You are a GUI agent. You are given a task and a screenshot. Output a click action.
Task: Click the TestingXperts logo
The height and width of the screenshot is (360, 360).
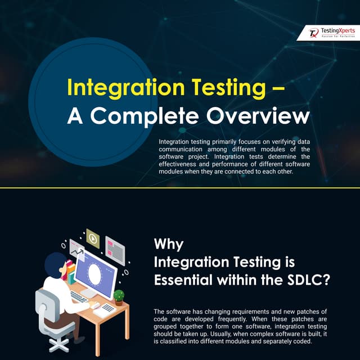pos(331,32)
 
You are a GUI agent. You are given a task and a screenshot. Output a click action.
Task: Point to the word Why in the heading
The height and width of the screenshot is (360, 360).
pos(168,245)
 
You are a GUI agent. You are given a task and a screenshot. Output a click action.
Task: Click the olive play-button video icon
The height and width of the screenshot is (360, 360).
pos(93,238)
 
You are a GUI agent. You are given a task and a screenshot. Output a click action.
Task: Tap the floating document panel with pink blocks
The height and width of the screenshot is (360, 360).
pos(115,247)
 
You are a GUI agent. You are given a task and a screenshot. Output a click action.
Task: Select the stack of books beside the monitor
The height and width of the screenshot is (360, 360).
pos(70,273)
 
